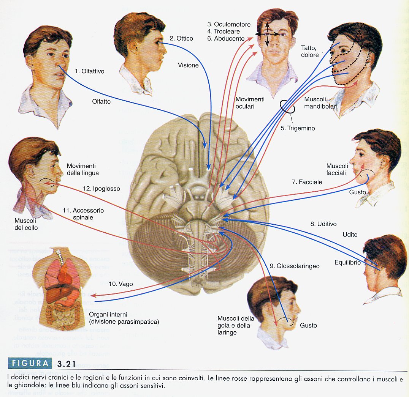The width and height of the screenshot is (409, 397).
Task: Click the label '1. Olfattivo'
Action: tap(89, 71)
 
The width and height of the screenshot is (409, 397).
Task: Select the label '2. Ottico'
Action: tap(181, 38)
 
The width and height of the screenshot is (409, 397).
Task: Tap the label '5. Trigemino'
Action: tap(298, 128)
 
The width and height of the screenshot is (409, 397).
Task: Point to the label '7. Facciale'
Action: tap(307, 182)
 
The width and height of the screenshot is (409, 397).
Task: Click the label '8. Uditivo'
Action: tap(323, 224)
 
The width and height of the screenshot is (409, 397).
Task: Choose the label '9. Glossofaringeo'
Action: tap(294, 266)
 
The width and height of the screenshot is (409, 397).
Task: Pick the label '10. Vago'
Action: tap(120, 283)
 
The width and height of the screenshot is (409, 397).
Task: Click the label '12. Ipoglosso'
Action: tap(101, 189)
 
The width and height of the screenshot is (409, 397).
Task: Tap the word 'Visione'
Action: tap(188, 65)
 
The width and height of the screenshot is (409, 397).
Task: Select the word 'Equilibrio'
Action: tap(347, 262)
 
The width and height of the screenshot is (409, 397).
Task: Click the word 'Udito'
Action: tap(350, 235)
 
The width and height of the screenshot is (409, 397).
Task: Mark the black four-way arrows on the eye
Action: tap(267, 34)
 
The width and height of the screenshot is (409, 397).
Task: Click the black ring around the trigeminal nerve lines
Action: tap(288, 107)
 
